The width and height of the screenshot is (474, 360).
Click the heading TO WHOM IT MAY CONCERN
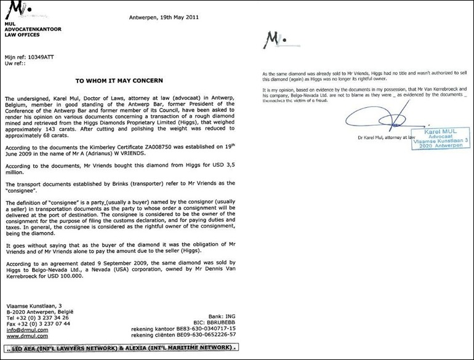pos(119,80)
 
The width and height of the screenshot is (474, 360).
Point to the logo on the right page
pos(273,41)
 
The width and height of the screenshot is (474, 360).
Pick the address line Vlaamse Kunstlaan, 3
pos(33,305)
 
